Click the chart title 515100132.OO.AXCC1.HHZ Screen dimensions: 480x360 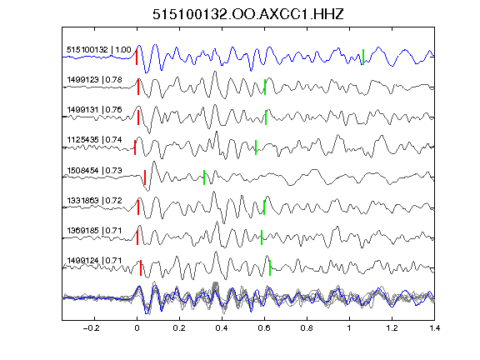(x=248, y=14)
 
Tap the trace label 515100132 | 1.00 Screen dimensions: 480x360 (x=99, y=50)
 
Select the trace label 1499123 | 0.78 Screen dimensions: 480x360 (x=95, y=80)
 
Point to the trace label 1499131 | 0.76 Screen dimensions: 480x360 (x=95, y=110)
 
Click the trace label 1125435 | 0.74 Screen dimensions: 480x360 (x=95, y=140)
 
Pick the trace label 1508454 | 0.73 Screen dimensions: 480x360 (x=95, y=170)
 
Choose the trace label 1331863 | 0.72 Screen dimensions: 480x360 (x=95, y=201)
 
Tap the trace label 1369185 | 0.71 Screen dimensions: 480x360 (x=95, y=230)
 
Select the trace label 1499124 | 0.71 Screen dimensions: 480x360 (x=95, y=261)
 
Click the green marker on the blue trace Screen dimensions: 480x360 (x=363, y=57)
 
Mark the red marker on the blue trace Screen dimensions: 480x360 (x=137, y=57)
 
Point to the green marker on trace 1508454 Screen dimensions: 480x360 (x=204, y=177)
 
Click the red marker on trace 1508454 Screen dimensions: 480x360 (x=145, y=177)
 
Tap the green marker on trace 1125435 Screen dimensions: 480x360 (x=256, y=147)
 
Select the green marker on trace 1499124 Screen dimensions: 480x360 (x=270, y=267)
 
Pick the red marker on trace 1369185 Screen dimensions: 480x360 (x=137, y=237)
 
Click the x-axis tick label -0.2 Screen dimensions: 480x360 (x=92, y=328)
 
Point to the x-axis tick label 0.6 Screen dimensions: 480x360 (x=264, y=328)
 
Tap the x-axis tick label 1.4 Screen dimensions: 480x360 (x=434, y=328)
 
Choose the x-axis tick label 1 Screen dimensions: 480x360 (x=349, y=328)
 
